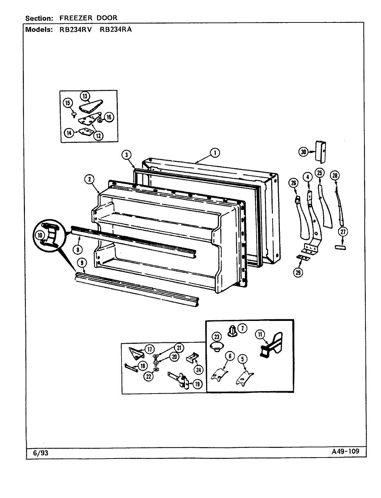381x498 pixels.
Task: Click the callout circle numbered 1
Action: (215, 153)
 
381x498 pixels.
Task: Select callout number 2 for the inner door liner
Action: (89, 179)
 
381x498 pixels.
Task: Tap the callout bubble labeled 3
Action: (127, 155)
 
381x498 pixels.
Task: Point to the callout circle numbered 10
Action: (40, 235)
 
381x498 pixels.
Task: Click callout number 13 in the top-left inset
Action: (85, 96)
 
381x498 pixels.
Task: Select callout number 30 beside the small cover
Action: (303, 151)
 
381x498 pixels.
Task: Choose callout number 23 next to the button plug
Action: (217, 336)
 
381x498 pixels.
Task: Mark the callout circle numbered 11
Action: (260, 334)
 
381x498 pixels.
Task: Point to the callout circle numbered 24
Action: (198, 370)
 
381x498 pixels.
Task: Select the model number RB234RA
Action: (116, 29)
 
